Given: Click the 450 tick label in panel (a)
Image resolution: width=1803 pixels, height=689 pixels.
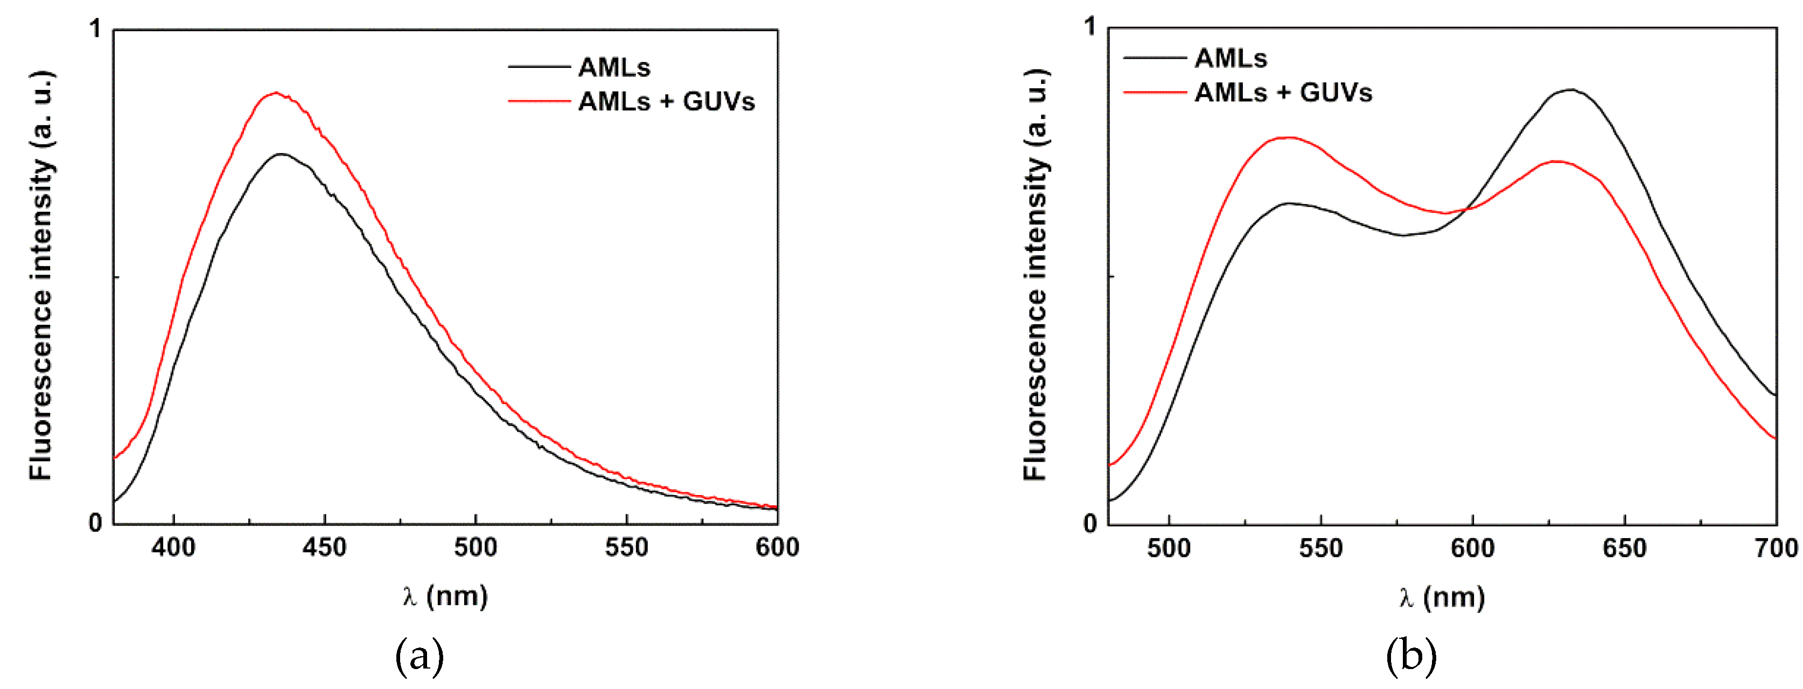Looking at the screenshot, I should tap(324, 547).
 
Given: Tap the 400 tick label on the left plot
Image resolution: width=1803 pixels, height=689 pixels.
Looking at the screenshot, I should tap(173, 547).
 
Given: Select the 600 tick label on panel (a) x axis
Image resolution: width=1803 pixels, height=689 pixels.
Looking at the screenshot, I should tap(777, 547).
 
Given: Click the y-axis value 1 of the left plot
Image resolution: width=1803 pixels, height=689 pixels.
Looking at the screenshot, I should tap(96, 30).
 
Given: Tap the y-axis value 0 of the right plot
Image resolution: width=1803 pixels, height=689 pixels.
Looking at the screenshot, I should tap(1090, 524).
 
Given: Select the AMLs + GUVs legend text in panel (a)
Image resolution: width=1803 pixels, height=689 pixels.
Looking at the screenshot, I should tap(666, 102).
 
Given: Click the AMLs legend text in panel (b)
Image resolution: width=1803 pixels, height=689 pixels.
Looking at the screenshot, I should tap(1231, 59).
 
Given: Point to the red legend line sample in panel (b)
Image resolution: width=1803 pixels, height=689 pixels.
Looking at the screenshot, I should tap(1155, 93).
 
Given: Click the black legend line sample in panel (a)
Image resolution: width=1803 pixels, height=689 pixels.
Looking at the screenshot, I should tap(539, 67).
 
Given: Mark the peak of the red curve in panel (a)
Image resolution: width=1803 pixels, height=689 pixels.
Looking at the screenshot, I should tap(276, 93).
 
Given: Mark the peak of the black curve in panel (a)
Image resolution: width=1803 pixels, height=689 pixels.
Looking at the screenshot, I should tap(281, 154).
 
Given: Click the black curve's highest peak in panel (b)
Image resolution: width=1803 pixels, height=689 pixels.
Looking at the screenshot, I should tap(1571, 89).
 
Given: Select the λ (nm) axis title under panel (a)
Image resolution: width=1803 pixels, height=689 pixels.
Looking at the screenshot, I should tap(445, 596).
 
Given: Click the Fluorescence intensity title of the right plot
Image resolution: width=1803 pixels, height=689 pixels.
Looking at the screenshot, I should tap(1036, 275).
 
